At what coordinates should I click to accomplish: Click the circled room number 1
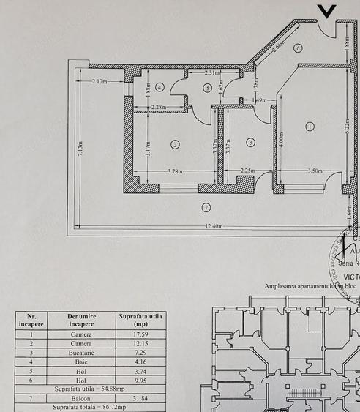coord(310,126)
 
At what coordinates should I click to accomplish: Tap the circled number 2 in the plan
coord(175,144)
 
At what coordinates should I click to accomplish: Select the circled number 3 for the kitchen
coord(251,142)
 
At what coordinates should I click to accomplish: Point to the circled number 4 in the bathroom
coord(160,87)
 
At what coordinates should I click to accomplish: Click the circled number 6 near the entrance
coord(298,48)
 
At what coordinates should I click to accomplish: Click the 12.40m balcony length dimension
coord(214,226)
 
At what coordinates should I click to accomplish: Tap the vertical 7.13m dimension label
coord(80,152)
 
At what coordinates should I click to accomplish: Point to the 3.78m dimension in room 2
coord(175,172)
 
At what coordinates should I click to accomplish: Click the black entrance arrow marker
coord(326,11)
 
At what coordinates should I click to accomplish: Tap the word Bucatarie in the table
coord(80,353)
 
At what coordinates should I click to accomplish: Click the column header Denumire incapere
coord(80,320)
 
